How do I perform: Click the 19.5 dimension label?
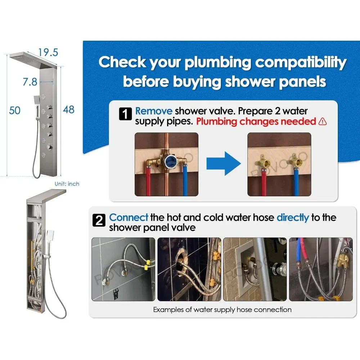pyautogui.click(x=48, y=52)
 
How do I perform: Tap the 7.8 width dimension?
pyautogui.click(x=30, y=82)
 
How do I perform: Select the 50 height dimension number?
pyautogui.click(x=15, y=111)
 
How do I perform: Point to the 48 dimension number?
pyautogui.click(x=69, y=109)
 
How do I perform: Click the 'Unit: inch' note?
pyautogui.click(x=67, y=184)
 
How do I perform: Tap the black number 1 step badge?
pyautogui.click(x=125, y=114)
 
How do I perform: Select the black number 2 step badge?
pyautogui.click(x=99, y=220)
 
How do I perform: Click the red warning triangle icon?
pyautogui.click(x=323, y=121)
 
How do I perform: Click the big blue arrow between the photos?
pyautogui.click(x=224, y=164)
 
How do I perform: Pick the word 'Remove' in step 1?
pyautogui.click(x=154, y=111)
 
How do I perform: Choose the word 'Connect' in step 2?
pyautogui.click(x=129, y=217)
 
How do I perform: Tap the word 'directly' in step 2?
pyautogui.click(x=293, y=218)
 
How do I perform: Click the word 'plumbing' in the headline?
pyautogui.click(x=218, y=63)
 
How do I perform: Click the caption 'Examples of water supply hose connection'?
pyautogui.click(x=222, y=310)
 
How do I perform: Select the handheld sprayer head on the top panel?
pyautogui.click(x=37, y=100)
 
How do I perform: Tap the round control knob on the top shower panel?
pyautogui.click(x=49, y=147)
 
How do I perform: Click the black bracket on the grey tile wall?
pyautogui.click(x=116, y=293)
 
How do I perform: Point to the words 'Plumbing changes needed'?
pyautogui.click(x=256, y=121)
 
